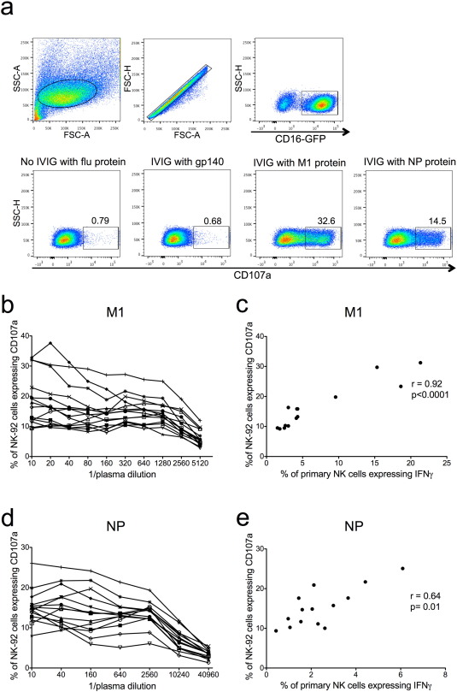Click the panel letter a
tap(9, 9)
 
